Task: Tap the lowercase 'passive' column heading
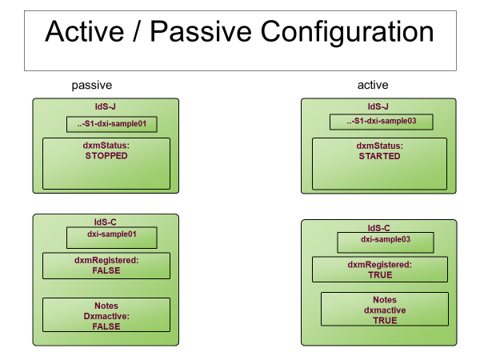coord(91,85)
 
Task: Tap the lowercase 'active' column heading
coord(373,85)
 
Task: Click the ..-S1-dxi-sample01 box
coord(111,124)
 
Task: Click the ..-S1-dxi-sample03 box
coord(382,122)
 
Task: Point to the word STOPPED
coord(106,157)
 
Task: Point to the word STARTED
coord(378,157)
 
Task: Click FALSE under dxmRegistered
coord(106,270)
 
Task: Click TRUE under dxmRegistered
coord(380,274)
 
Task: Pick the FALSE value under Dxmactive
coord(106,326)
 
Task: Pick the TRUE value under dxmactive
coord(385,320)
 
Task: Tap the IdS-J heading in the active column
coord(378,105)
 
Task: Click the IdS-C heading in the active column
coord(379,227)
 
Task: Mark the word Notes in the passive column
coord(106,306)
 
